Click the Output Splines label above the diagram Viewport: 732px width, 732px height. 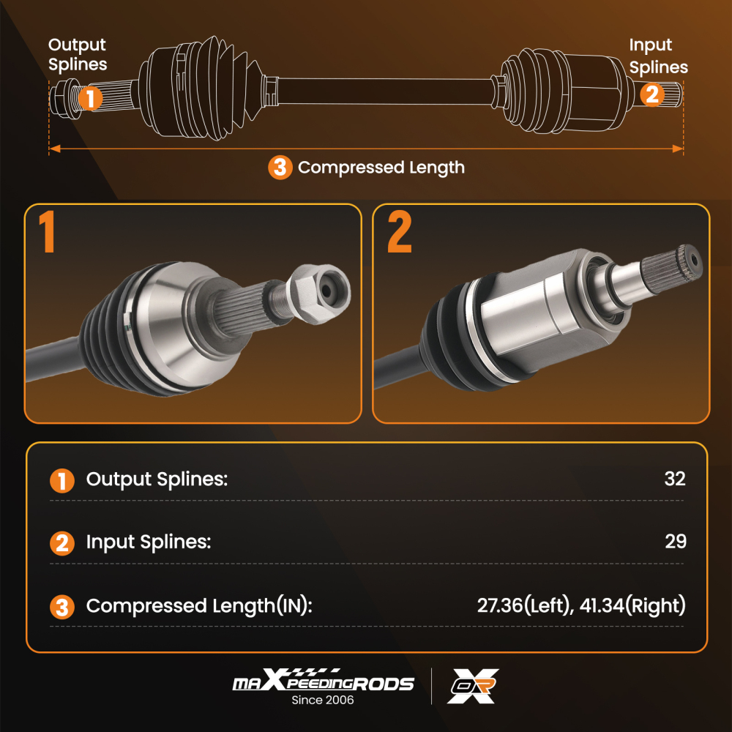click(78, 55)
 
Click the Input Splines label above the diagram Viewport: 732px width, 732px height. click(658, 56)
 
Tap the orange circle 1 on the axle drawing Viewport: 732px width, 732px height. click(90, 98)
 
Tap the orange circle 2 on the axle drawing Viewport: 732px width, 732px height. click(652, 94)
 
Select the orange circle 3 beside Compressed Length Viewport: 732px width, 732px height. click(280, 167)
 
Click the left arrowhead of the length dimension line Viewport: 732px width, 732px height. click(55, 149)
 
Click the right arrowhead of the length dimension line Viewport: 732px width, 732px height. click(677, 149)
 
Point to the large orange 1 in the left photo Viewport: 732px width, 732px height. click(47, 231)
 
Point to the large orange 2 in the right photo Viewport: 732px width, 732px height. click(400, 231)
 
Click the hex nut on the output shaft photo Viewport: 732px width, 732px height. click(318, 294)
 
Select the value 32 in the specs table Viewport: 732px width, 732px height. click(675, 479)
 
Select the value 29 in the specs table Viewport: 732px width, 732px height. click(676, 542)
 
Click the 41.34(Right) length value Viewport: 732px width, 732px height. click(632, 605)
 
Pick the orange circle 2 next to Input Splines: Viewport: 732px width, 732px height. click(62, 543)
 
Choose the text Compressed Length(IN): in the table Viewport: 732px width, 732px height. click(199, 606)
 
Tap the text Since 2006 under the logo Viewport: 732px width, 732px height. click(323, 700)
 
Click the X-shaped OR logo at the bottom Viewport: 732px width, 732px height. click(473, 686)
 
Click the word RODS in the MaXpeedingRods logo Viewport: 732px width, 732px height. click(384, 684)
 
